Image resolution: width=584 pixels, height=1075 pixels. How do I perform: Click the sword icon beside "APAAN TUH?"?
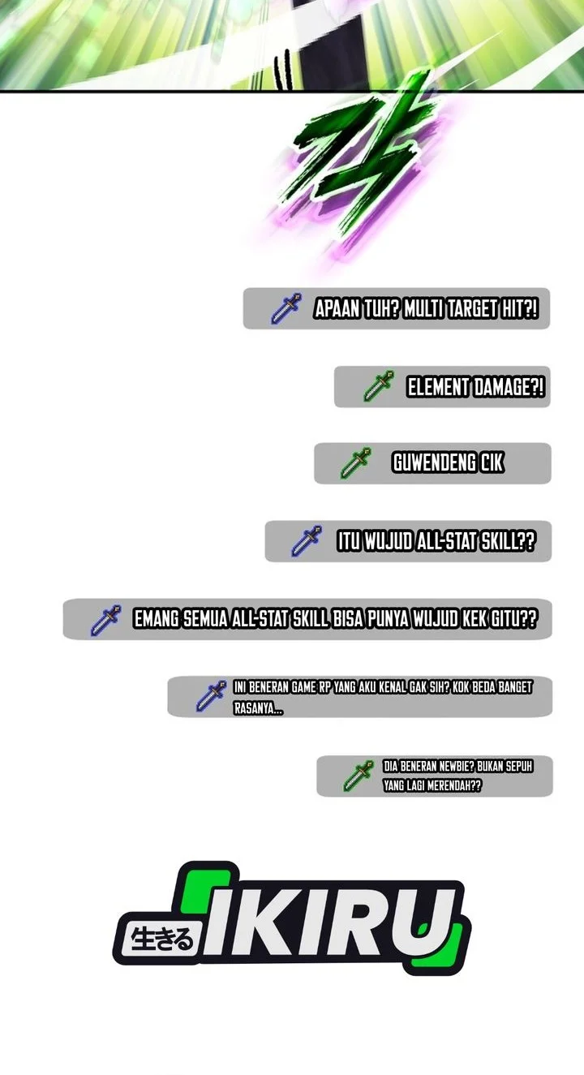click(x=286, y=307)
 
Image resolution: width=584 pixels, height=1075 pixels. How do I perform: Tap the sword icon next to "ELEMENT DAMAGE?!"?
click(x=379, y=385)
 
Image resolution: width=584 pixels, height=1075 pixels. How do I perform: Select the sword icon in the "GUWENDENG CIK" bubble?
click(x=356, y=462)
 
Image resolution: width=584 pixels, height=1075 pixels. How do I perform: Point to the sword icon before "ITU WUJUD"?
click(x=307, y=541)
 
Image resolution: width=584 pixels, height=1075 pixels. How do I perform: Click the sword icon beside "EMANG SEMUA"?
click(x=106, y=620)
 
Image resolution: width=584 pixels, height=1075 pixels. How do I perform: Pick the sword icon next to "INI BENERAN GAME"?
click(x=211, y=696)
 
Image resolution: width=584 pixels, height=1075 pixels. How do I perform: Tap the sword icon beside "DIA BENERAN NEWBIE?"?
click(x=359, y=776)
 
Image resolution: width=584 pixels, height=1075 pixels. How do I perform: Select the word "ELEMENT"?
click(x=438, y=387)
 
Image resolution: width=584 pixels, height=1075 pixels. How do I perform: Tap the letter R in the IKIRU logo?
click(x=365, y=925)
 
